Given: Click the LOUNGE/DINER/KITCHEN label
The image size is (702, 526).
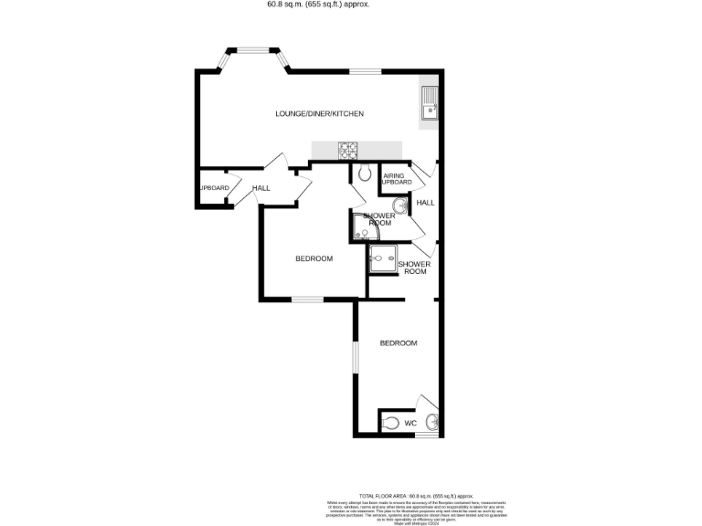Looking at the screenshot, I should pyautogui.click(x=320, y=113).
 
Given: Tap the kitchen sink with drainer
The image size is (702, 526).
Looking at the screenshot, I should pyautogui.click(x=429, y=105).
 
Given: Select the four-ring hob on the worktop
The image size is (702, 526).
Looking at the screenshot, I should pyautogui.click(x=347, y=148).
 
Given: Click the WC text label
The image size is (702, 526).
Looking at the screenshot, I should pyautogui.click(x=410, y=424).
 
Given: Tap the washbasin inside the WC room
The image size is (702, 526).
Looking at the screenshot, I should pyautogui.click(x=432, y=422).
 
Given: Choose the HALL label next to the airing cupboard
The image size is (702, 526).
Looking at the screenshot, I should pyautogui.click(x=425, y=203).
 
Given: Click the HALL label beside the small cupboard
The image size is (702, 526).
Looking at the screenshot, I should pyautogui.click(x=261, y=188).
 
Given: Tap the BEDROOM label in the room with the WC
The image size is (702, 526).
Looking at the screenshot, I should pyautogui.click(x=399, y=343).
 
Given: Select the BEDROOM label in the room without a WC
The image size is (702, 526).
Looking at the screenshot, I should pyautogui.click(x=314, y=258).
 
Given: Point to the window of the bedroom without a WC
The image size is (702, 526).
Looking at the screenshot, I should pyautogui.click(x=307, y=300).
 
